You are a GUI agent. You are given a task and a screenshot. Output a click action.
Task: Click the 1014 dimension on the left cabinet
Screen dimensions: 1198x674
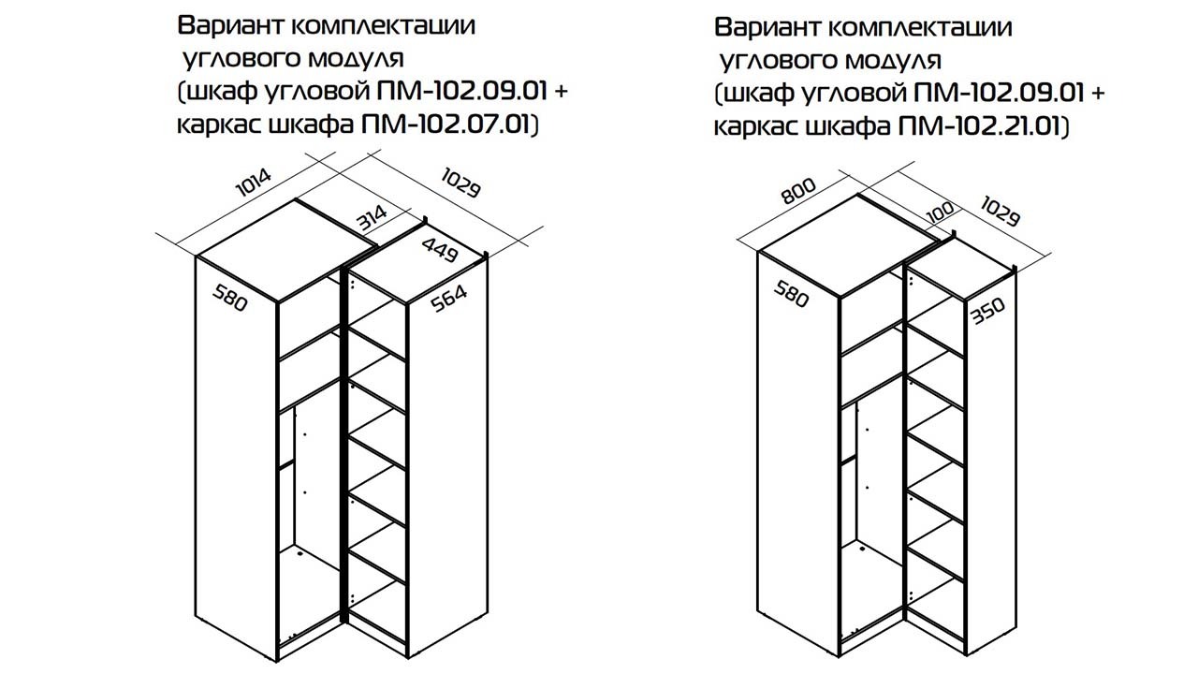(254, 183)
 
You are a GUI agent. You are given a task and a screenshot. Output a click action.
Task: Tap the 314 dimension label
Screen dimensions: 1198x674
(373, 218)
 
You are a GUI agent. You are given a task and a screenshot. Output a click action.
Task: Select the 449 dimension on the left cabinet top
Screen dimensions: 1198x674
(440, 250)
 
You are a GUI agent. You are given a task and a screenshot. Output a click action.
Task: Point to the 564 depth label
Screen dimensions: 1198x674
(448, 299)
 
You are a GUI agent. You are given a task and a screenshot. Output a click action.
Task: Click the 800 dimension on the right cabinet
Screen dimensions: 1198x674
(798, 191)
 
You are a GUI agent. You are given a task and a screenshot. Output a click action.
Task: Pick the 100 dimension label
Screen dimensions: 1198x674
(940, 212)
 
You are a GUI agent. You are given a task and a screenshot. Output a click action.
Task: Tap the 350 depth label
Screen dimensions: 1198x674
(987, 312)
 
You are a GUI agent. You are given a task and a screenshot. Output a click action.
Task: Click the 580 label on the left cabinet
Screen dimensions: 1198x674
(230, 298)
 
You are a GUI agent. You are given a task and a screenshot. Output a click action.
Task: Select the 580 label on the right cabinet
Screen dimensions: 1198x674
(791, 294)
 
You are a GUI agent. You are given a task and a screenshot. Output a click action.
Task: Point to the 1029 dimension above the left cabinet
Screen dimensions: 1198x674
(460, 183)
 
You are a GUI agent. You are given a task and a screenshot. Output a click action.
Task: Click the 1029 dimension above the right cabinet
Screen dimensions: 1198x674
(1001, 212)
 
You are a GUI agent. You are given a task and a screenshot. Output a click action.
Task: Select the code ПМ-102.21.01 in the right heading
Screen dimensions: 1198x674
(978, 126)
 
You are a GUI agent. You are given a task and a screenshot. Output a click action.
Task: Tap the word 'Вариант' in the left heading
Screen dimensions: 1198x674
(230, 25)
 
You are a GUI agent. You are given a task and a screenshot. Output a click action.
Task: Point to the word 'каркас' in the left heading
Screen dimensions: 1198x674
(216, 125)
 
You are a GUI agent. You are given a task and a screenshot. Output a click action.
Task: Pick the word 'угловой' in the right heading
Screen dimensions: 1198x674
(854, 95)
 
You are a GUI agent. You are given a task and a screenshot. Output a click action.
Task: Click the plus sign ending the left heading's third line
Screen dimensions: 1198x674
(561, 92)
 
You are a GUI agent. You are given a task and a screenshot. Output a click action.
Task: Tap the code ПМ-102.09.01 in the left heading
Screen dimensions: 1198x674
(462, 92)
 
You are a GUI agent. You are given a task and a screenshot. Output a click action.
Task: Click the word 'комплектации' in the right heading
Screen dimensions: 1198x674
(920, 28)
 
